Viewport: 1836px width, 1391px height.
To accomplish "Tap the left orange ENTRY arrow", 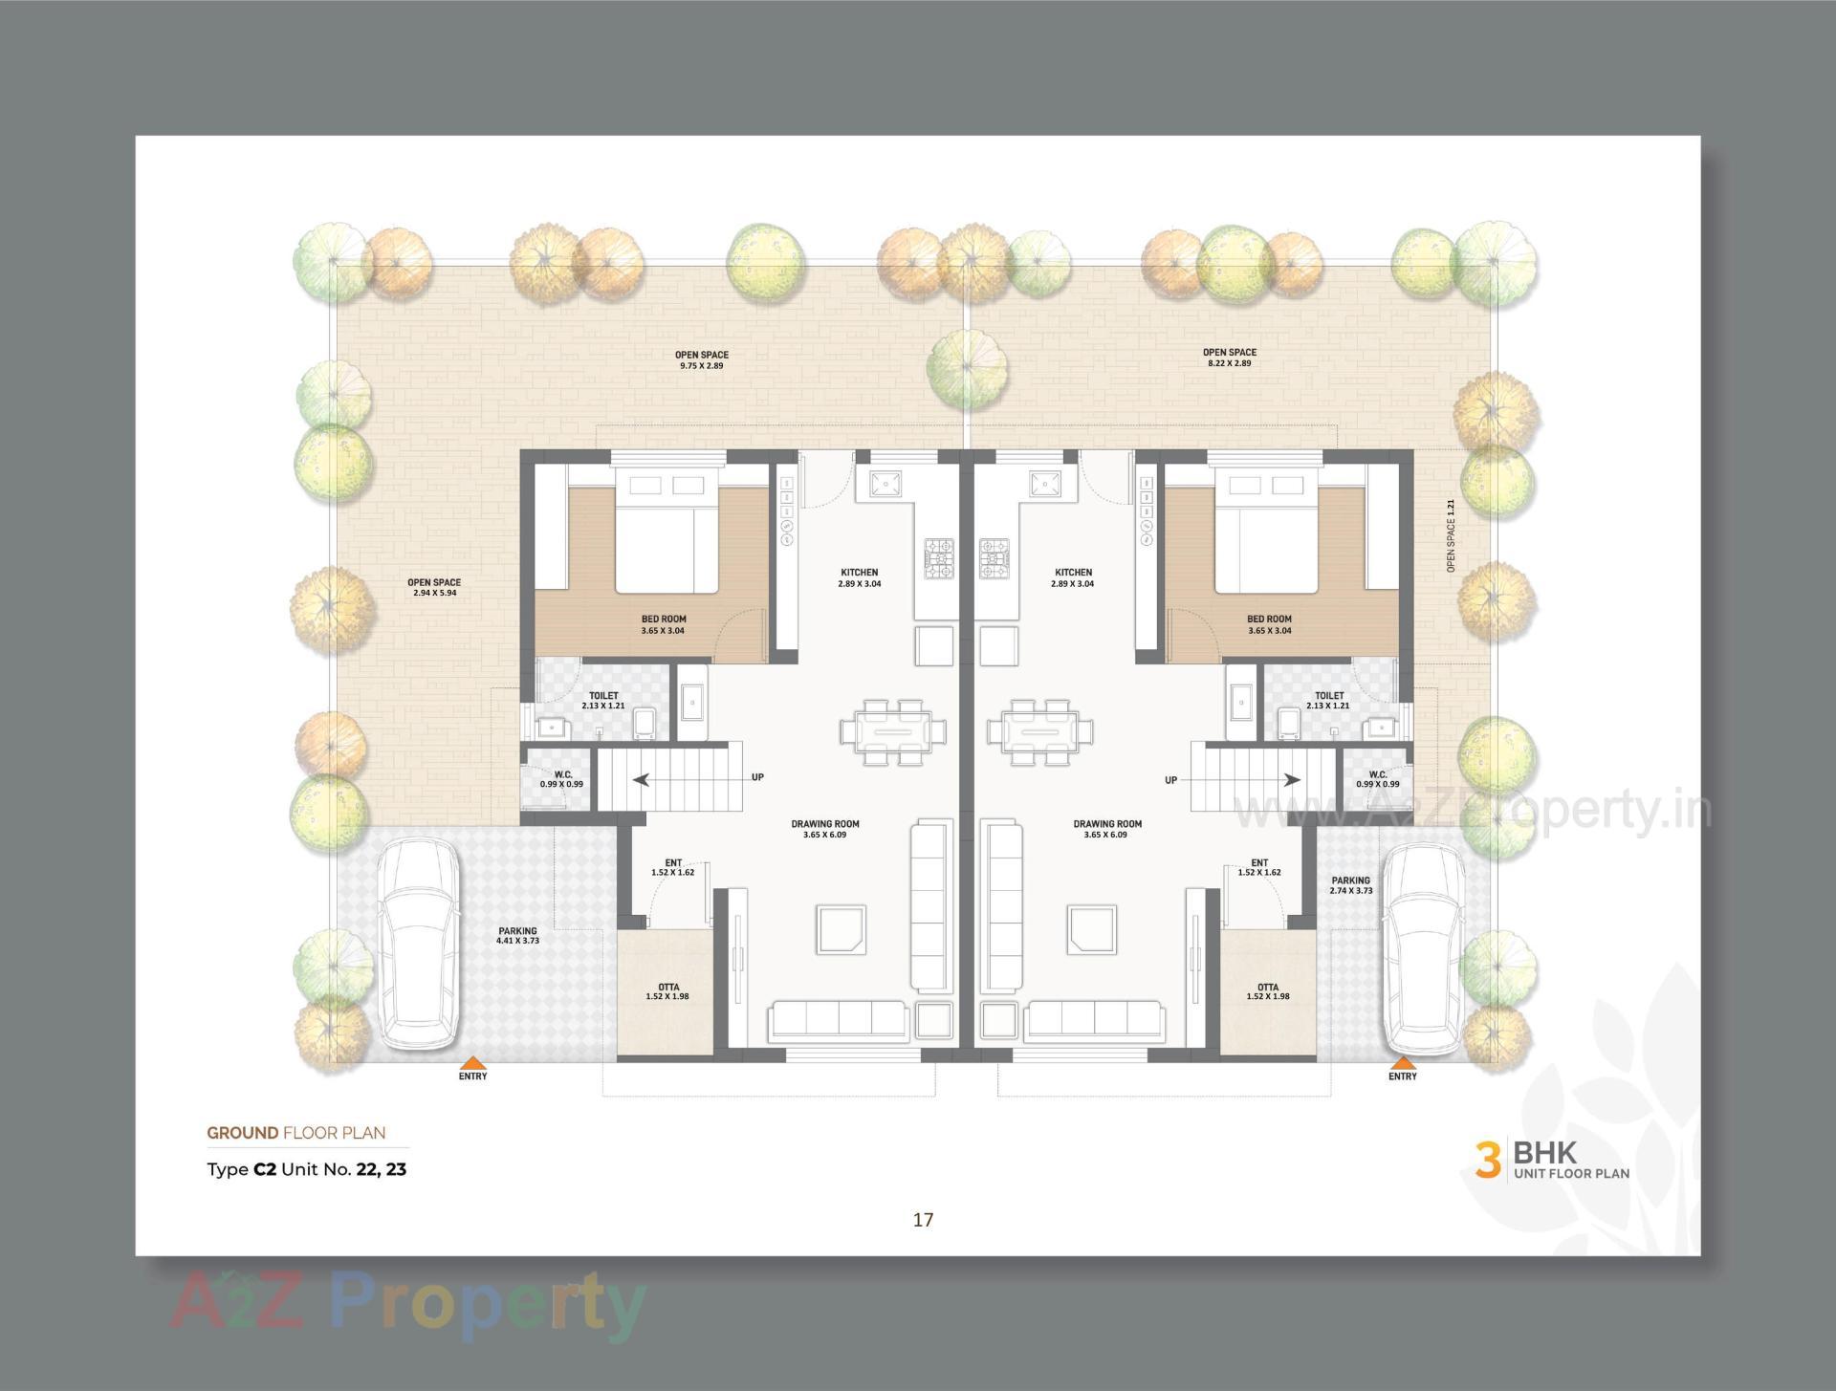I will pos(472,1062).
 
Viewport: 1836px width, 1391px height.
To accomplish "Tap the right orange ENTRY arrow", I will pos(1403,1062).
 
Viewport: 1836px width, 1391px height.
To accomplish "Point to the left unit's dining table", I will pos(893,732).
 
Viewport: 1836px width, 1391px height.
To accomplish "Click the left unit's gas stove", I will pos(938,559).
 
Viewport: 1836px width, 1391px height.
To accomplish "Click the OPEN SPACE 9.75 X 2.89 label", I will pos(702,359).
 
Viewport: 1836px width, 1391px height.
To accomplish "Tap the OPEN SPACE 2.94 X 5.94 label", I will pos(434,587).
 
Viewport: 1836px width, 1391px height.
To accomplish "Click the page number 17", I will pos(923,1219).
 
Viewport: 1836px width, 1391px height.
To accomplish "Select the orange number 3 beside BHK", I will pos(1487,1159).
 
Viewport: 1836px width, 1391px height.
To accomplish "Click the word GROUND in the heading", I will pos(243,1133).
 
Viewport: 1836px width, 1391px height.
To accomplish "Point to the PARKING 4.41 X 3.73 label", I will pos(517,935).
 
